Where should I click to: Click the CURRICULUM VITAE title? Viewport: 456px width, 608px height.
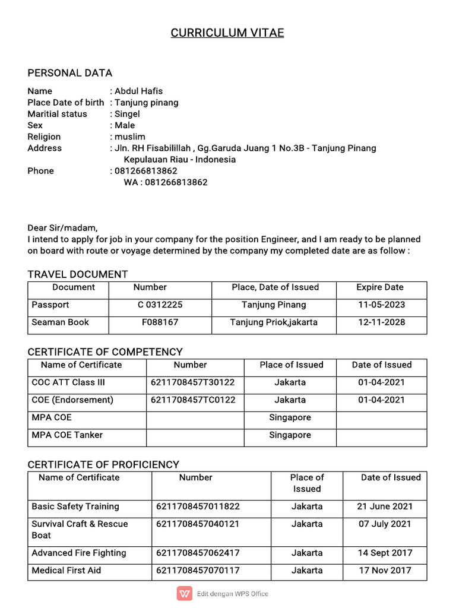pyautogui.click(x=227, y=33)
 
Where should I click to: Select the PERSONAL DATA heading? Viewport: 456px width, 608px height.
pyautogui.click(x=69, y=73)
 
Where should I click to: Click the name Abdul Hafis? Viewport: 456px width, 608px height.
pyautogui.click(x=138, y=91)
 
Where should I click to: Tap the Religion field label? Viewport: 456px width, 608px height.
pyautogui.click(x=44, y=137)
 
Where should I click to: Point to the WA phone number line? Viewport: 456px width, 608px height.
pyautogui.click(x=166, y=182)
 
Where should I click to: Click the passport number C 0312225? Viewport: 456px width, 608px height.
pyautogui.click(x=160, y=305)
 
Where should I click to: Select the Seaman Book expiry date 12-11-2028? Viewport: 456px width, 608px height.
pyautogui.click(x=381, y=322)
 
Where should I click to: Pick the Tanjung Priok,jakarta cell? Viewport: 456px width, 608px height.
pyautogui.click(x=274, y=322)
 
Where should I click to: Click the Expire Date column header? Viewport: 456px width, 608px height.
pyautogui.click(x=379, y=287)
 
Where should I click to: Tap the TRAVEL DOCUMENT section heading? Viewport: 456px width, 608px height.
pyautogui.click(x=77, y=274)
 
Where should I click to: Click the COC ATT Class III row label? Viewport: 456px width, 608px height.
pyautogui.click(x=68, y=382)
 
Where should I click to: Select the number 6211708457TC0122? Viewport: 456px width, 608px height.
pyautogui.click(x=193, y=400)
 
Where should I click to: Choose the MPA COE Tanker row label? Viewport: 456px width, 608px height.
pyautogui.click(x=67, y=435)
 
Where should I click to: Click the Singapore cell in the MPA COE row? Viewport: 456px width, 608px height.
pyautogui.click(x=290, y=417)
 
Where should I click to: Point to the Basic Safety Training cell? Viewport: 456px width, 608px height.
pyautogui.click(x=75, y=506)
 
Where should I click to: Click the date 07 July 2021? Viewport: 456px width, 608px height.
pyautogui.click(x=384, y=524)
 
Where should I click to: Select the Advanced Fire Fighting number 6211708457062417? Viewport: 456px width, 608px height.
pyautogui.click(x=198, y=553)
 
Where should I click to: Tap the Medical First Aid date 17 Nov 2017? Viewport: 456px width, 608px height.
pyautogui.click(x=384, y=570)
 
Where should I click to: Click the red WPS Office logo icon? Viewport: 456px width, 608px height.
pyautogui.click(x=184, y=593)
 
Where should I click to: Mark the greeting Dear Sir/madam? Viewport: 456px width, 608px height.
pyautogui.click(x=62, y=227)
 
